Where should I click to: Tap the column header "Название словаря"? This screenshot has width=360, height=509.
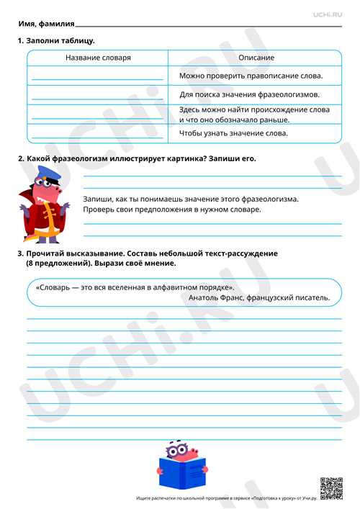98,58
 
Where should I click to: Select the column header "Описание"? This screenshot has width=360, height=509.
256,58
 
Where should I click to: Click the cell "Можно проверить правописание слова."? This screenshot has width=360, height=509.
251,76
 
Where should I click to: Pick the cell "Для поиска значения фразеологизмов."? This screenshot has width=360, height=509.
250,94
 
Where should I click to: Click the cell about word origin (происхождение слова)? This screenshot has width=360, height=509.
254,114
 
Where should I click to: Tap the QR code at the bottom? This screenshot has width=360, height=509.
330,488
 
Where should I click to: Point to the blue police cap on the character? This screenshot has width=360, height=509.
43,176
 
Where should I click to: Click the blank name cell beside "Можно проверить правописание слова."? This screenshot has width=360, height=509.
98,76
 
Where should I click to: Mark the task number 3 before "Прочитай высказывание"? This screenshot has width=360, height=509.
20,255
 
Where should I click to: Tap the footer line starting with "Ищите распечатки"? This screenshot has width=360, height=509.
225,498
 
